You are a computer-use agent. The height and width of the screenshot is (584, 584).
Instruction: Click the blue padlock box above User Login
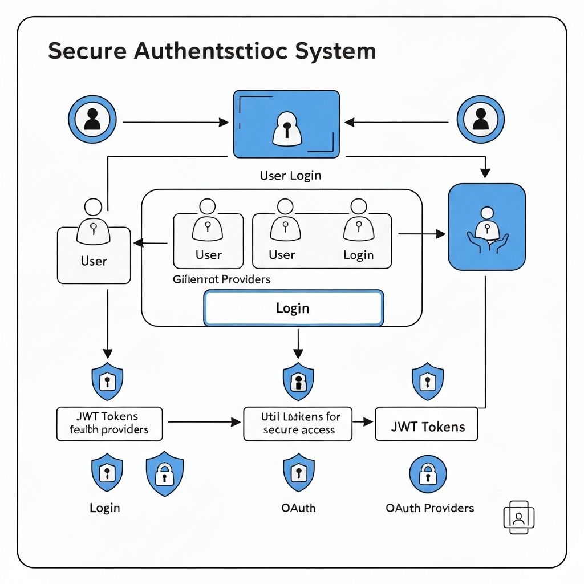click(286, 124)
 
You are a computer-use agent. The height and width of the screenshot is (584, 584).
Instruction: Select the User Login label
click(290, 176)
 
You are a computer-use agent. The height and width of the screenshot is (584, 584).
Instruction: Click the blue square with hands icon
click(486, 226)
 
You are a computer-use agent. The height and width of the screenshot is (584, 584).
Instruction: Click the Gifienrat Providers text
click(221, 280)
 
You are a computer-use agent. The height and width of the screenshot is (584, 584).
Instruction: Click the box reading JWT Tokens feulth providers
click(109, 424)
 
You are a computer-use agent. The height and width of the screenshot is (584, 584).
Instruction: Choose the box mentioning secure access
click(298, 424)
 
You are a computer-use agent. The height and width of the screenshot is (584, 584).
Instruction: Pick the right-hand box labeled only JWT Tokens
click(427, 424)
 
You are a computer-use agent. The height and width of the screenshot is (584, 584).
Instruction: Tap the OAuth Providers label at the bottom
click(429, 508)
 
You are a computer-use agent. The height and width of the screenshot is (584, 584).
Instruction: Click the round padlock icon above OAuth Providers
click(428, 473)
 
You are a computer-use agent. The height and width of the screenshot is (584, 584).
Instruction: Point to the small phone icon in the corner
click(518, 517)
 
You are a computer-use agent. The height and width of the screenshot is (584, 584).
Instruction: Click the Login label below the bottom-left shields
click(105, 508)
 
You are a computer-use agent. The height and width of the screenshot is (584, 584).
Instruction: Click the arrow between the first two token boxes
click(203, 423)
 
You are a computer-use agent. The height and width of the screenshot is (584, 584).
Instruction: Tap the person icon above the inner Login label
click(358, 223)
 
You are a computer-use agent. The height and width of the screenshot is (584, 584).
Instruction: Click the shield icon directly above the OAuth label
click(298, 473)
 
